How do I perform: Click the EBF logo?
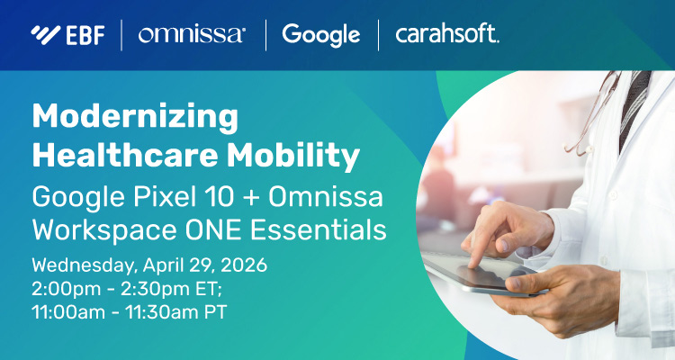click(x=68, y=35)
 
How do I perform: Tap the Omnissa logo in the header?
click(x=191, y=35)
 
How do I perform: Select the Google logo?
click(x=320, y=35)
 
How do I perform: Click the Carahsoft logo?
click(x=447, y=35)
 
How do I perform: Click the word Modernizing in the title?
click(x=135, y=117)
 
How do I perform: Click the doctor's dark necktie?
click(x=634, y=108)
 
